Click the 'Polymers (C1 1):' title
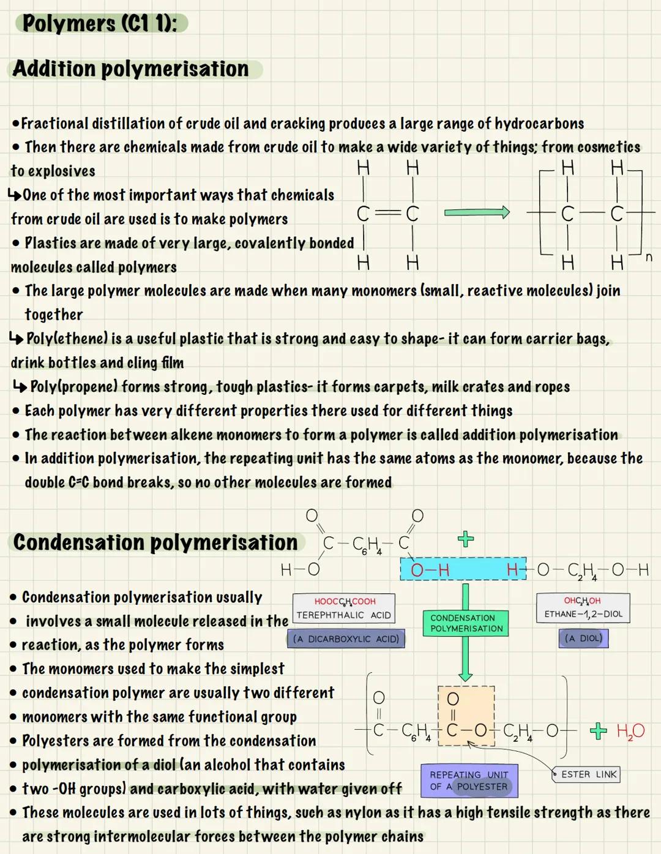pos(100,24)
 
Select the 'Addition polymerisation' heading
pos(130,69)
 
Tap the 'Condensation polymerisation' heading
pos(155,542)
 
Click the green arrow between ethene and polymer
pos(477,212)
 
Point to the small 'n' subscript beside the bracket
pos(649,258)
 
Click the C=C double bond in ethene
pos(387,213)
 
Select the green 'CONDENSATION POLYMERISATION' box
pos(466,623)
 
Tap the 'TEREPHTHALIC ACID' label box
pos(343,609)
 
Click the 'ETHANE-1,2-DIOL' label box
pos(583,608)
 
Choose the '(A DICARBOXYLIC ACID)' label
pos(346,639)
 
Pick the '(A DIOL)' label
pos(583,639)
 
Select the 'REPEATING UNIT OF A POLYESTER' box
pos(469,781)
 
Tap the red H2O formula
pos(630,731)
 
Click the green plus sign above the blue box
pos(466,539)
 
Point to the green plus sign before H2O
pos(598,731)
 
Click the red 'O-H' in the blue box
pos(430,571)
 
